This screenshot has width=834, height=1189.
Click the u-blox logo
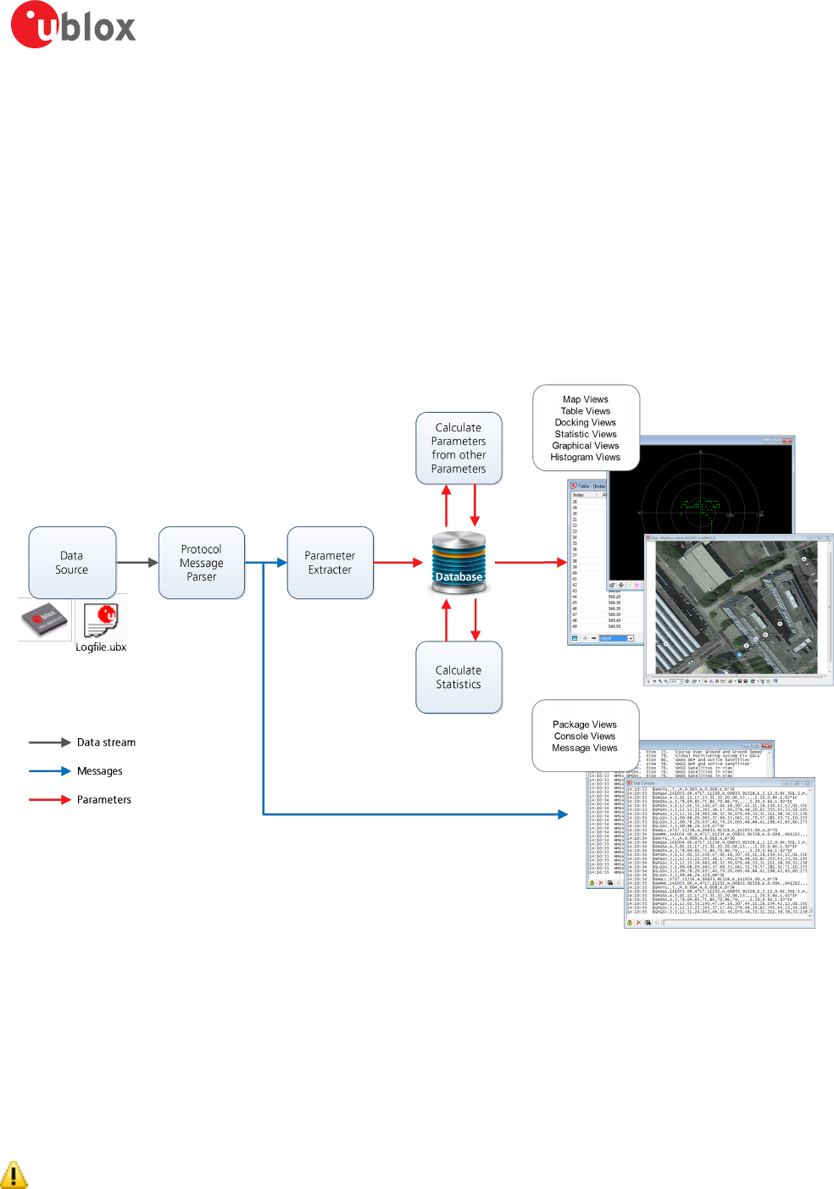click(73, 25)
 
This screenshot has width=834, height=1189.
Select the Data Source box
click(72, 563)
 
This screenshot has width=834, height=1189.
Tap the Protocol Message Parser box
click(202, 563)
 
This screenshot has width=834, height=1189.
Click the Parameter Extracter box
click(330, 563)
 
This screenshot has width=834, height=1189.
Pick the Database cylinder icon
click(459, 562)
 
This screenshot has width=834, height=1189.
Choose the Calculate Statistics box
click(459, 677)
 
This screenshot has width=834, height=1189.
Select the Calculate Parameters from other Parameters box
click(459, 448)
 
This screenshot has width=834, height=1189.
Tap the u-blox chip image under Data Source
click(45, 620)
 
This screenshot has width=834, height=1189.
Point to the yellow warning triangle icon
click(14, 1175)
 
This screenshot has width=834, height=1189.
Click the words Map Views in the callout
click(586, 399)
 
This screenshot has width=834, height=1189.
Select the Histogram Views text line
click(586, 457)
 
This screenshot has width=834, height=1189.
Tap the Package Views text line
click(585, 725)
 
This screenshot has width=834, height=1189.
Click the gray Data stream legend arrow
click(49, 742)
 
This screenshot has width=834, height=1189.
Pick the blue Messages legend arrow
click(49, 771)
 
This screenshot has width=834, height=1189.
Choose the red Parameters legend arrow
click(49, 800)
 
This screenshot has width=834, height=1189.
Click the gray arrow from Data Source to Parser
click(137, 563)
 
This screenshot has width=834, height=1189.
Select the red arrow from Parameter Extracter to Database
click(398, 563)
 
